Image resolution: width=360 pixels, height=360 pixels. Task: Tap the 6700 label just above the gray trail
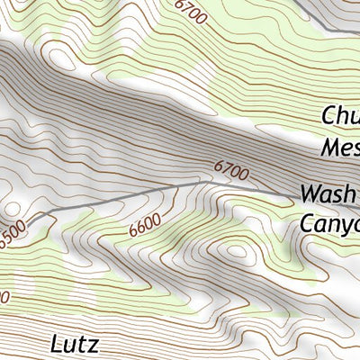click(230, 167)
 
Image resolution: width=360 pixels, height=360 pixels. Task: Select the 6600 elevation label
click(145, 225)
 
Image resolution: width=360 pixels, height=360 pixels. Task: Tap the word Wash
click(329, 193)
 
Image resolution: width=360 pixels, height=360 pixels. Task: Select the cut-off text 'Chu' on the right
click(340, 116)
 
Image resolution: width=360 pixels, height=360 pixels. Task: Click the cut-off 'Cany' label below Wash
click(329, 223)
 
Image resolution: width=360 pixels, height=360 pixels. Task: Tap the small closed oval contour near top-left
click(60, 59)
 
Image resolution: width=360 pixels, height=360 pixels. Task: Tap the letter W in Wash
click(311, 193)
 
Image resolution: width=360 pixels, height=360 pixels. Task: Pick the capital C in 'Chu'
click(328, 116)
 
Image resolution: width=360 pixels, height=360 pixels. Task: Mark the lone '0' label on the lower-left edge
click(4, 296)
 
